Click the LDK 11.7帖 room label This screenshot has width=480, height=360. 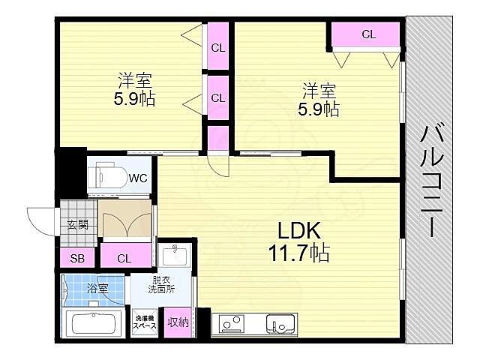pos(298,241)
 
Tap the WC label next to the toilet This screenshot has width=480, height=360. pos(138,178)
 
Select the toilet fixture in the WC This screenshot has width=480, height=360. pos(108,177)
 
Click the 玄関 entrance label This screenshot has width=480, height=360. pos(78,225)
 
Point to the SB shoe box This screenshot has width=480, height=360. pos(77,258)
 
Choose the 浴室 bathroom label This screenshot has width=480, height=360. pos(97,288)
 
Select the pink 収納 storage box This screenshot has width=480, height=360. pos(178,322)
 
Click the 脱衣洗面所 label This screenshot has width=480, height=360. pos(161,285)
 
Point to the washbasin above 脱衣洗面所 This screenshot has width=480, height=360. pos(175,256)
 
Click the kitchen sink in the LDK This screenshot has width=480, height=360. pos(280,325)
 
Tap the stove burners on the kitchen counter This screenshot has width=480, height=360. pos(232,323)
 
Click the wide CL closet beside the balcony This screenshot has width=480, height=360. pos(366,34)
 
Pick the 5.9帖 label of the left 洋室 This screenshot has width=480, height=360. pos(135,99)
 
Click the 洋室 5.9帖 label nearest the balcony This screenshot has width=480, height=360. pos(319,99)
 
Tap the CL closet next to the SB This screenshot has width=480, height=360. pos(126,255)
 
